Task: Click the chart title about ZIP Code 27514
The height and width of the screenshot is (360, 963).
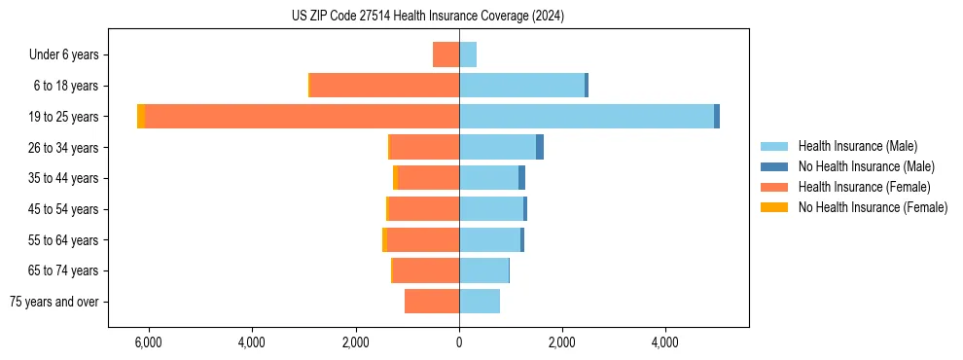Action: click(x=427, y=17)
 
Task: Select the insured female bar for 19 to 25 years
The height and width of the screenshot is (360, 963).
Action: click(x=302, y=117)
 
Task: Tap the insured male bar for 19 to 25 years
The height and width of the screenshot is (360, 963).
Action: click(x=587, y=117)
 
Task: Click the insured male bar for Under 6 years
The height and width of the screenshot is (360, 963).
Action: click(x=468, y=54)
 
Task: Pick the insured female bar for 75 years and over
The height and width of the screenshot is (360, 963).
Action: click(x=432, y=302)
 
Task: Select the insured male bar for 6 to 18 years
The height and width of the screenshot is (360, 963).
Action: click(x=521, y=86)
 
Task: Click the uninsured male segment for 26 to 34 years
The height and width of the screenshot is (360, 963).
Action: click(x=540, y=147)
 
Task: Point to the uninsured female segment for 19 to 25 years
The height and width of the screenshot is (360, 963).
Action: click(x=141, y=117)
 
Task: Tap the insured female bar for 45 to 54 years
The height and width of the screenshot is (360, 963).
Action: click(x=423, y=209)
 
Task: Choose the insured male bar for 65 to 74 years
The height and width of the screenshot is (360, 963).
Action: click(x=483, y=270)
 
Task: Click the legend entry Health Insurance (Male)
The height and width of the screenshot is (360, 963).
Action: click(x=856, y=146)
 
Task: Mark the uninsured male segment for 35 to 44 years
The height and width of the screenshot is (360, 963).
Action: click(x=521, y=178)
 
